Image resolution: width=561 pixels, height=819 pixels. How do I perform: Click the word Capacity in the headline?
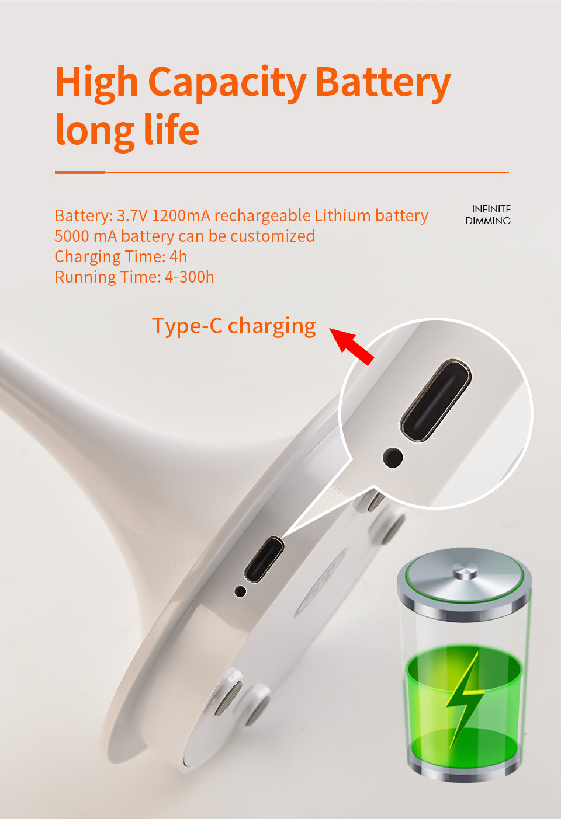click(x=227, y=83)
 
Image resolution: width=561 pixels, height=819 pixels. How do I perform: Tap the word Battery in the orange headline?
click(x=383, y=83)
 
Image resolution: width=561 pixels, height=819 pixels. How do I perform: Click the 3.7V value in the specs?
click(x=132, y=216)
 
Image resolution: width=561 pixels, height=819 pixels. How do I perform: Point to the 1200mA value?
click(x=181, y=216)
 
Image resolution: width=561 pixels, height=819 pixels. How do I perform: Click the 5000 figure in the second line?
click(x=72, y=236)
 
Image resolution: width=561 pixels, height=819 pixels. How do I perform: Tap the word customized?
click(x=272, y=236)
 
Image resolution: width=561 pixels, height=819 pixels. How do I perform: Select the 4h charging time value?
click(x=178, y=257)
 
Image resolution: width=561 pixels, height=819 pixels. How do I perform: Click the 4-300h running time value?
click(x=189, y=277)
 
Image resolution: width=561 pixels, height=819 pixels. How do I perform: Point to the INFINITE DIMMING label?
click(x=488, y=215)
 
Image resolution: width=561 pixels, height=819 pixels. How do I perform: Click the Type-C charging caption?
click(x=234, y=326)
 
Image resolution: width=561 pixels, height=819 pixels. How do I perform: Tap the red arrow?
click(x=352, y=346)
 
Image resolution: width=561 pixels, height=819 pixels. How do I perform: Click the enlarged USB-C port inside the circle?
click(x=436, y=400)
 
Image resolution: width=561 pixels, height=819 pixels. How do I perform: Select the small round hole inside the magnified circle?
click(x=393, y=458)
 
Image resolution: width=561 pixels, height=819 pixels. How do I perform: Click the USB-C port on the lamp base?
click(x=264, y=559)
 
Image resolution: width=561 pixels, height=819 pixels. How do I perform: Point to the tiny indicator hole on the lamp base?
click(x=240, y=591)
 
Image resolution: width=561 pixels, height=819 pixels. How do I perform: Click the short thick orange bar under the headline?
click(x=80, y=172)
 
